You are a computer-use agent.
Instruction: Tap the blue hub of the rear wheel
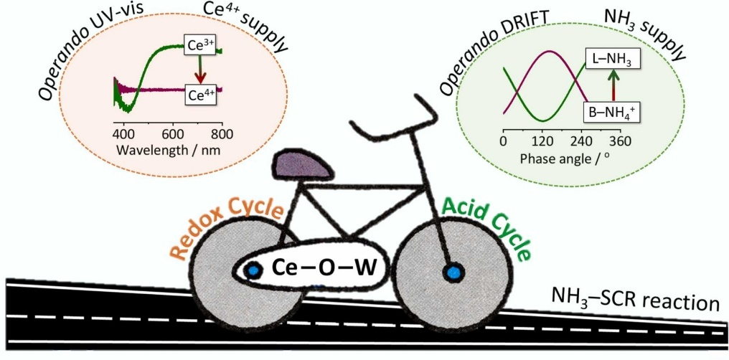253,270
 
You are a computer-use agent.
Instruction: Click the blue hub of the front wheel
452,273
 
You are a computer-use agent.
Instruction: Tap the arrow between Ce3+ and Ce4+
199,68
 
